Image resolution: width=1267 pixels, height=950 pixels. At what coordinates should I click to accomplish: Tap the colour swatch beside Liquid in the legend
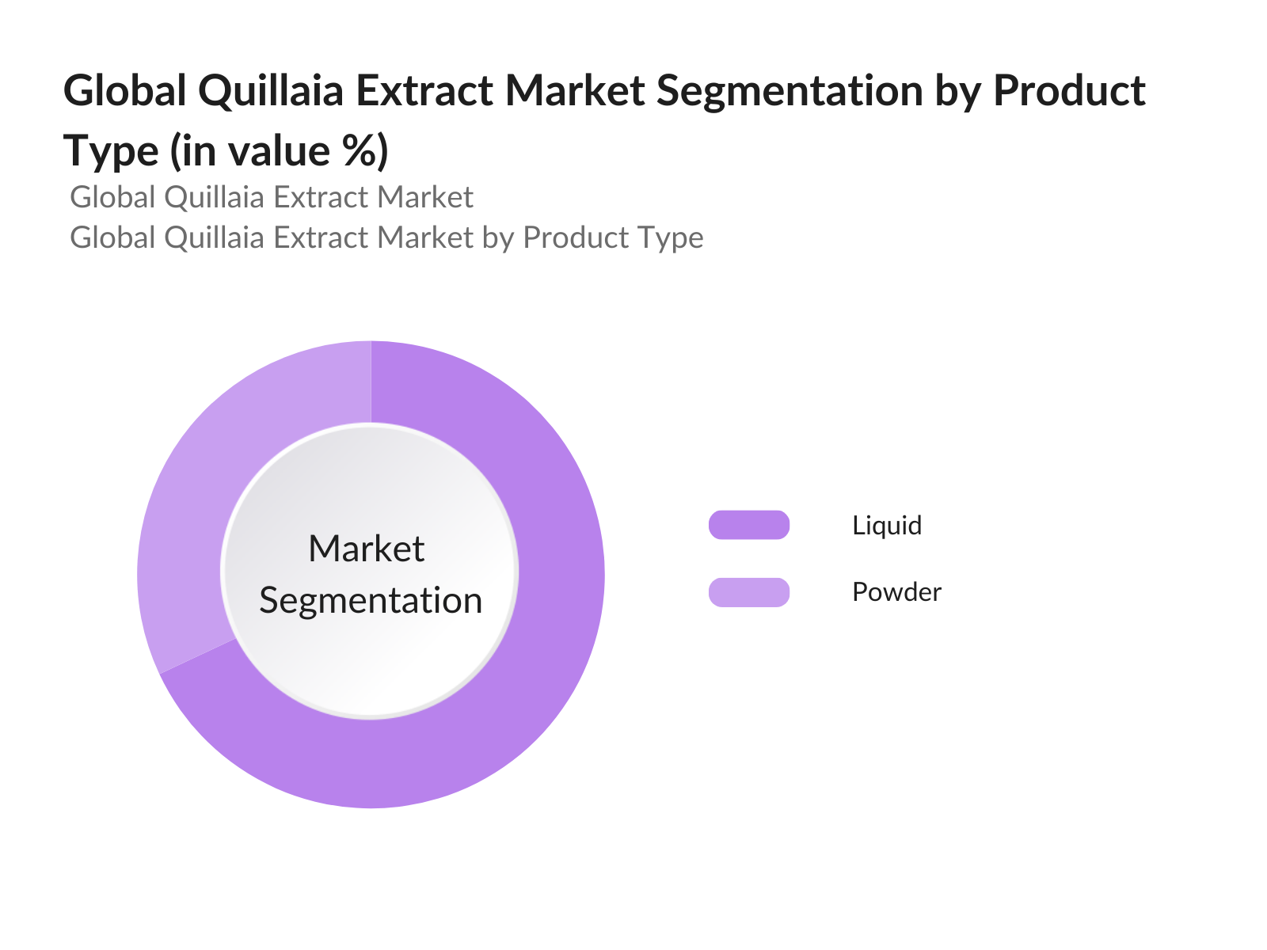pos(749,525)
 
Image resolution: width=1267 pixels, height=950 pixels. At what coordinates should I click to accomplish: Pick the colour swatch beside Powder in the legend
pos(749,592)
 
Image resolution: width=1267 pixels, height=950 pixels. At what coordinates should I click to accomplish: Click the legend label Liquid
pos(887,526)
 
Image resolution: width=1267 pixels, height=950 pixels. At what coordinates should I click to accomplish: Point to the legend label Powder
pos(896,592)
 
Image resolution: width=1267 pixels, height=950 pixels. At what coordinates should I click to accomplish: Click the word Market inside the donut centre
pos(367,549)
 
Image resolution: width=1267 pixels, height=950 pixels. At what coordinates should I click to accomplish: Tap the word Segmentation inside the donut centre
pos(371,600)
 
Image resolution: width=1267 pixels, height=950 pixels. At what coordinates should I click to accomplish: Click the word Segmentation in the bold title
pos(790,90)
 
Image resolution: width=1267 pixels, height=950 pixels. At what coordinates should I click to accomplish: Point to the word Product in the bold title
pos(1069,90)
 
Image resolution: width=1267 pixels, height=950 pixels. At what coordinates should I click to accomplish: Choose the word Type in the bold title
pos(111,150)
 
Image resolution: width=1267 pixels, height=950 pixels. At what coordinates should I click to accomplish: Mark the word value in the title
pos(271,150)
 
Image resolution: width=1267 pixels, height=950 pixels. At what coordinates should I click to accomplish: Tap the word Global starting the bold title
pos(125,90)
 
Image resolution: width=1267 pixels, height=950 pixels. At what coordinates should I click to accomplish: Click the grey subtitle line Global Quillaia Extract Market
pos(272,197)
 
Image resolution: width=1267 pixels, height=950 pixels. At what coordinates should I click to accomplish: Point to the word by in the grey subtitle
pos(498,237)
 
